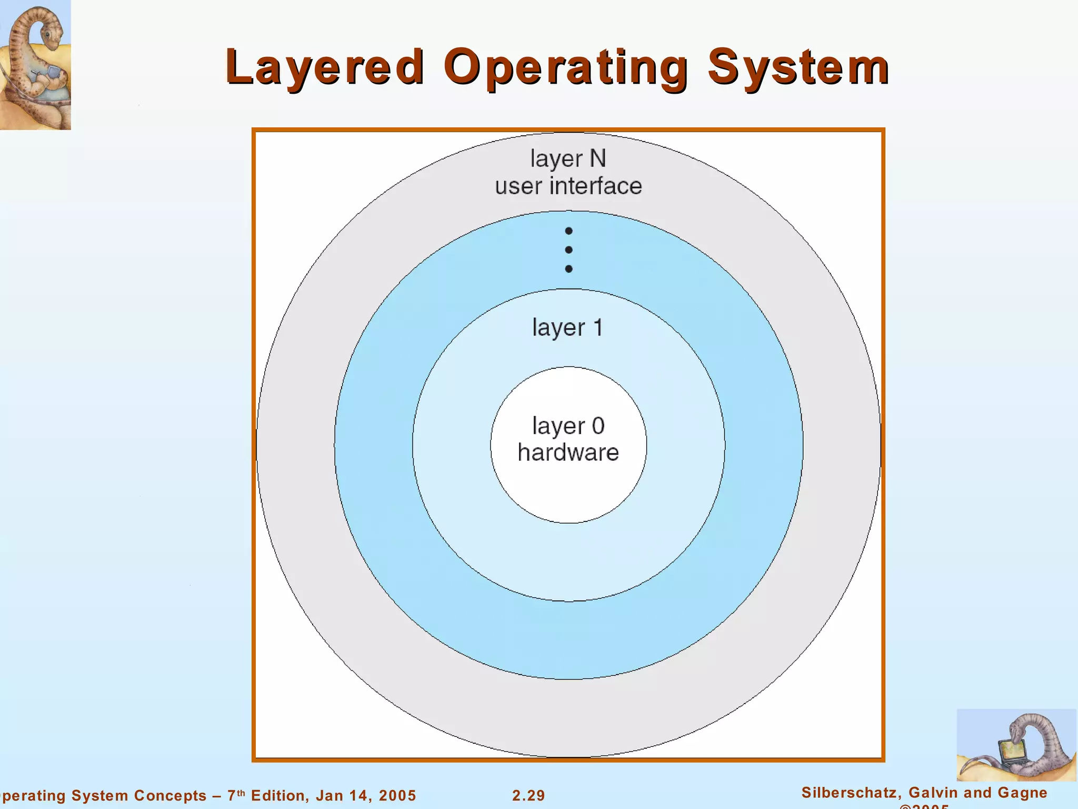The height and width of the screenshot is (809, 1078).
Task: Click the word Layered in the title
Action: [x=325, y=67]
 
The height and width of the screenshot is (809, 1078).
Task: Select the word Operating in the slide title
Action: [x=566, y=67]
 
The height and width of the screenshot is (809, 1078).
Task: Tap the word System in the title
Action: [x=798, y=67]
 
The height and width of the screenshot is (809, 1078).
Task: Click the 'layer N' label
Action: [x=568, y=159]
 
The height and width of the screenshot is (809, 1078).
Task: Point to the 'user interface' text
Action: [x=568, y=186]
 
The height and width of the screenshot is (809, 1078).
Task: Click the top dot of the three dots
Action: [x=568, y=231]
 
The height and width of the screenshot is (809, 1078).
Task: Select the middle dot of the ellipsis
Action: [x=568, y=250]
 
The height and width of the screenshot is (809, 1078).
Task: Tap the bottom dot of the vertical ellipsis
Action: [x=568, y=269]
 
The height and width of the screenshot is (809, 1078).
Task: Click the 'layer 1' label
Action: [x=567, y=328]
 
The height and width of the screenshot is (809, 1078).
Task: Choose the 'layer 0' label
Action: [x=568, y=426]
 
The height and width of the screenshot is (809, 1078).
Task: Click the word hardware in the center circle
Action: [x=568, y=452]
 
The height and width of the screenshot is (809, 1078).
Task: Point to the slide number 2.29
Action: [x=528, y=795]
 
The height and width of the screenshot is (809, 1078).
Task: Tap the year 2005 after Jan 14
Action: [x=397, y=795]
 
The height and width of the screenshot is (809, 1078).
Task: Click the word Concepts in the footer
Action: [x=170, y=795]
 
